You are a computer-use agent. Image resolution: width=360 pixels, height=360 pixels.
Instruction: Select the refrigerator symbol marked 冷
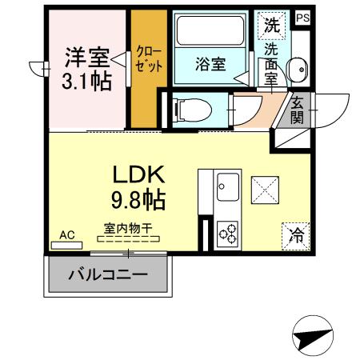pyautogui.click(x=296, y=235)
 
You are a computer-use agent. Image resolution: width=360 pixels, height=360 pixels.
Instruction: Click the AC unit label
pyautogui.click(x=67, y=235)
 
